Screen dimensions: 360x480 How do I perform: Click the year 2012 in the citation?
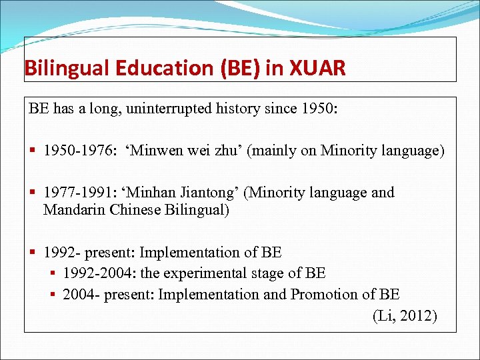pos(420,316)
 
